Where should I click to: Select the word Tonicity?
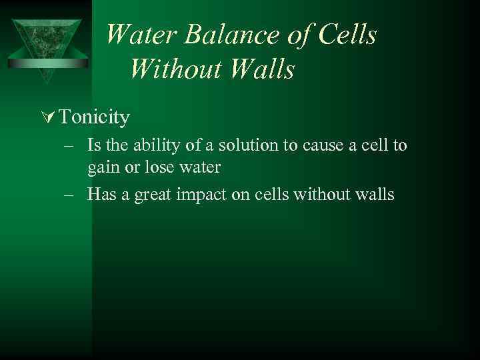point(94,118)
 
